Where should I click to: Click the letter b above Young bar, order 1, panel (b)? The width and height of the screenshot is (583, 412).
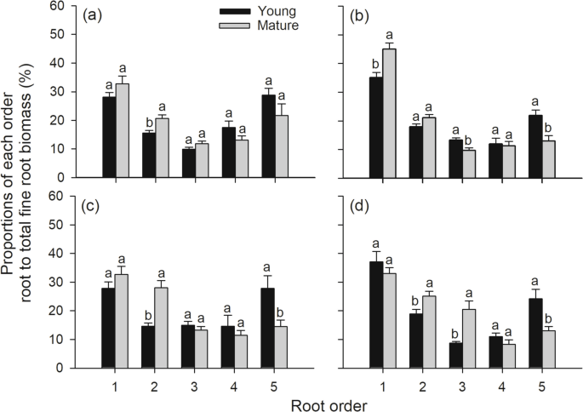click(x=375, y=63)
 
